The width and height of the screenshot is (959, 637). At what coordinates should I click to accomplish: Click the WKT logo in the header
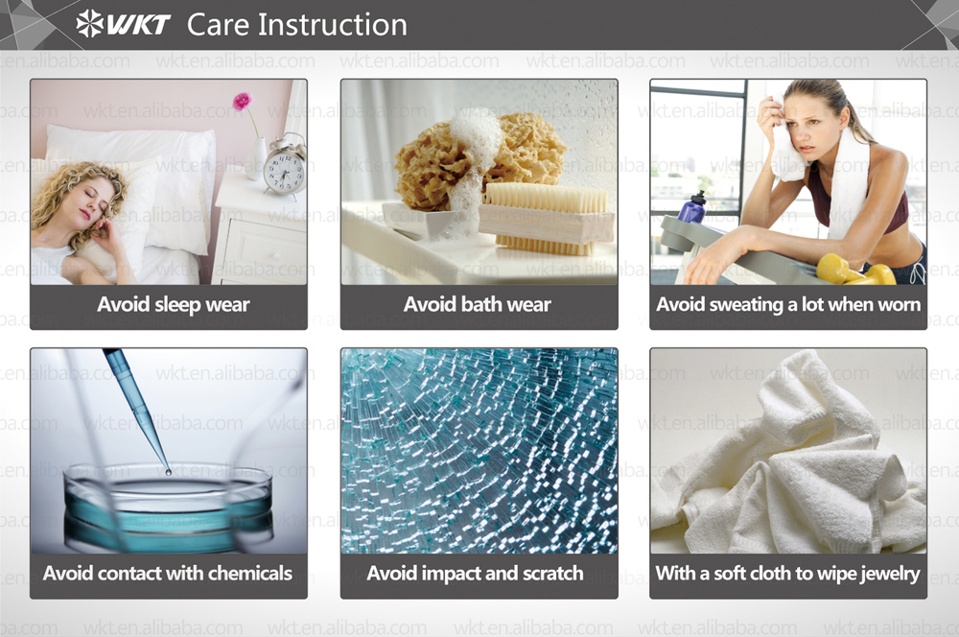point(123,24)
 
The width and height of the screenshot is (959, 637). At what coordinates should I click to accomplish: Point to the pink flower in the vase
point(242,101)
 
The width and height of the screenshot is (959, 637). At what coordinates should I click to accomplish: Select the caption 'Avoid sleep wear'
point(174,304)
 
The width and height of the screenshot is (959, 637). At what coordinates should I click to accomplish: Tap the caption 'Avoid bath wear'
point(477,304)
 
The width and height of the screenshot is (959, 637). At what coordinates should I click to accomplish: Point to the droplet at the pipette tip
point(168,472)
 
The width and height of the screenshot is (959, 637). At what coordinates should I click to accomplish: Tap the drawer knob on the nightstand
point(276,254)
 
